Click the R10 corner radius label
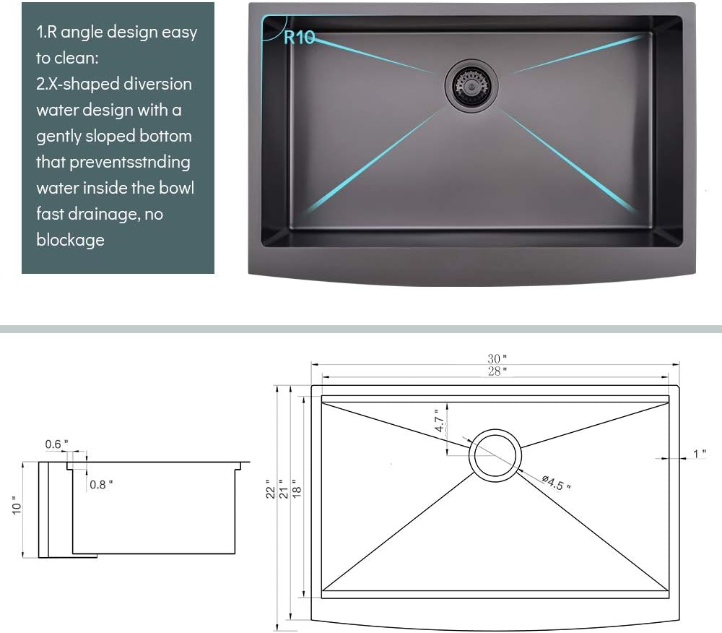[300, 38]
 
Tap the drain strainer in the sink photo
[471, 85]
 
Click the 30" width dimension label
[497, 358]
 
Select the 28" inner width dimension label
[497, 371]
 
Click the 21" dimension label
[284, 489]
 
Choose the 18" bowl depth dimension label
[297, 489]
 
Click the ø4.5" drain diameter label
[557, 483]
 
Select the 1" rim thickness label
[700, 454]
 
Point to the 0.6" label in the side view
[56, 444]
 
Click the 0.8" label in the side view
[101, 484]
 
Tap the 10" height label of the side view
[17, 505]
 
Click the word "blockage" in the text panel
[71, 240]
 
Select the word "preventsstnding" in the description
[130, 163]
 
